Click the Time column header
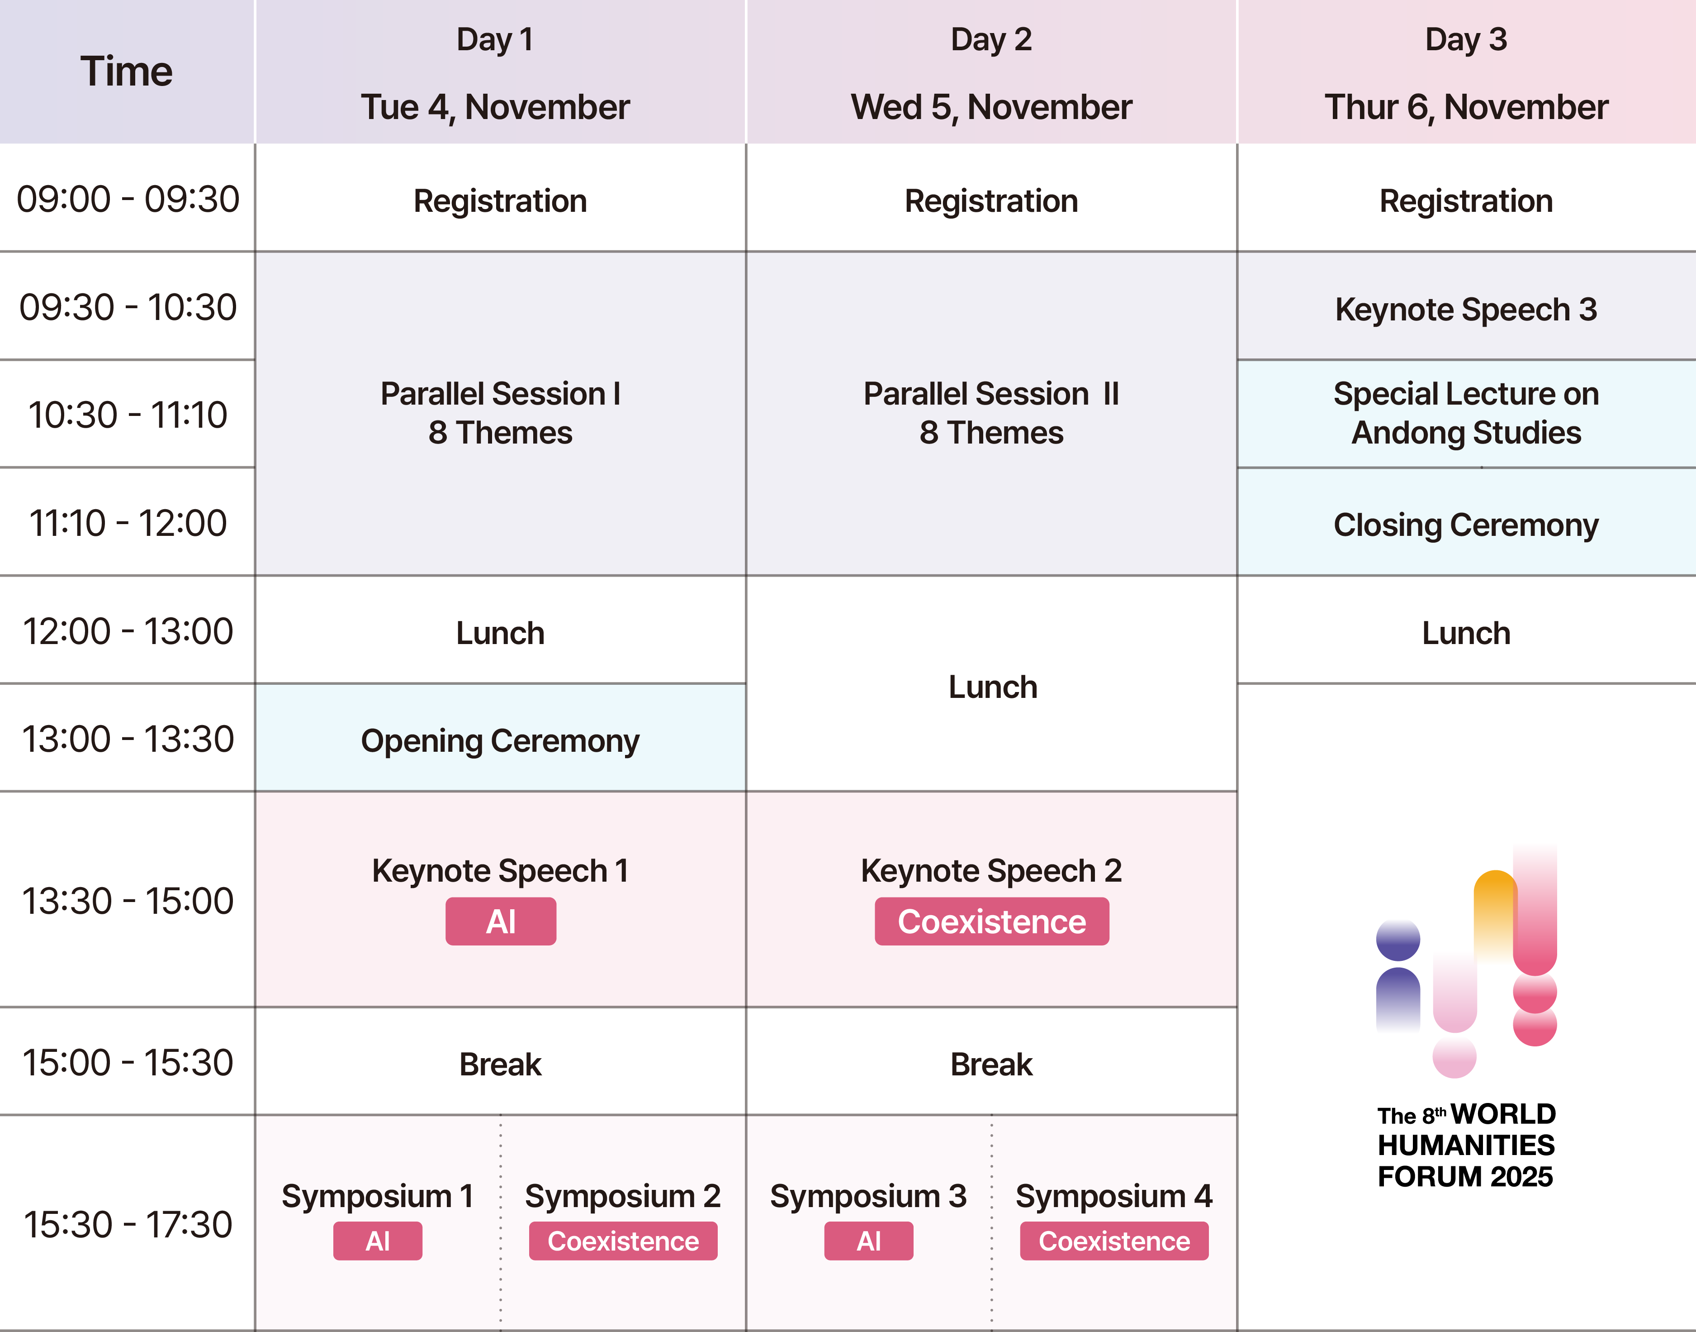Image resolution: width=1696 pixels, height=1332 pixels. (x=126, y=72)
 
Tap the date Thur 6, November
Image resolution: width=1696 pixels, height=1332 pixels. (x=1466, y=107)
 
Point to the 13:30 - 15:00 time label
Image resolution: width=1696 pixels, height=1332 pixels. (x=128, y=901)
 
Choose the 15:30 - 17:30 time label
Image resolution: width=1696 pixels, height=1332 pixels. (x=128, y=1224)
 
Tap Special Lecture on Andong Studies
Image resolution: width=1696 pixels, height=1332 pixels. (x=1466, y=413)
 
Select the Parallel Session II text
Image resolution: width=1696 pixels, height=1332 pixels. (x=991, y=394)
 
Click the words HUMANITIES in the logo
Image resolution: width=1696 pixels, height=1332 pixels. (x=1466, y=1146)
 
